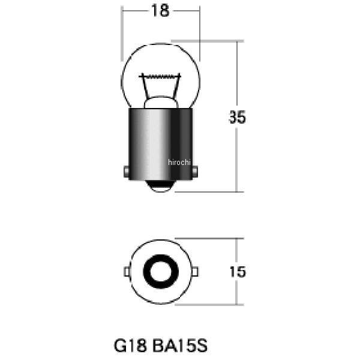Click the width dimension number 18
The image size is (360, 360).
pos(160,11)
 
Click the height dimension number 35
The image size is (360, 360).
pos(237,117)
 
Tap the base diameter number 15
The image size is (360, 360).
pos(238,272)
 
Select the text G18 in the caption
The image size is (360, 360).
pos(130,346)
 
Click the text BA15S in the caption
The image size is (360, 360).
pos(180,346)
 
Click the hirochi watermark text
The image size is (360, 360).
pos(179,163)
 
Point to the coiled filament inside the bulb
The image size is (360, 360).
pos(160,76)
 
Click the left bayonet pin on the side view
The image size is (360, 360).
pos(126,171)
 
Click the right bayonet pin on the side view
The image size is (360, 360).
pos(195,171)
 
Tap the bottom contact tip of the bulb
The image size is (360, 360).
pos(161,186)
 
